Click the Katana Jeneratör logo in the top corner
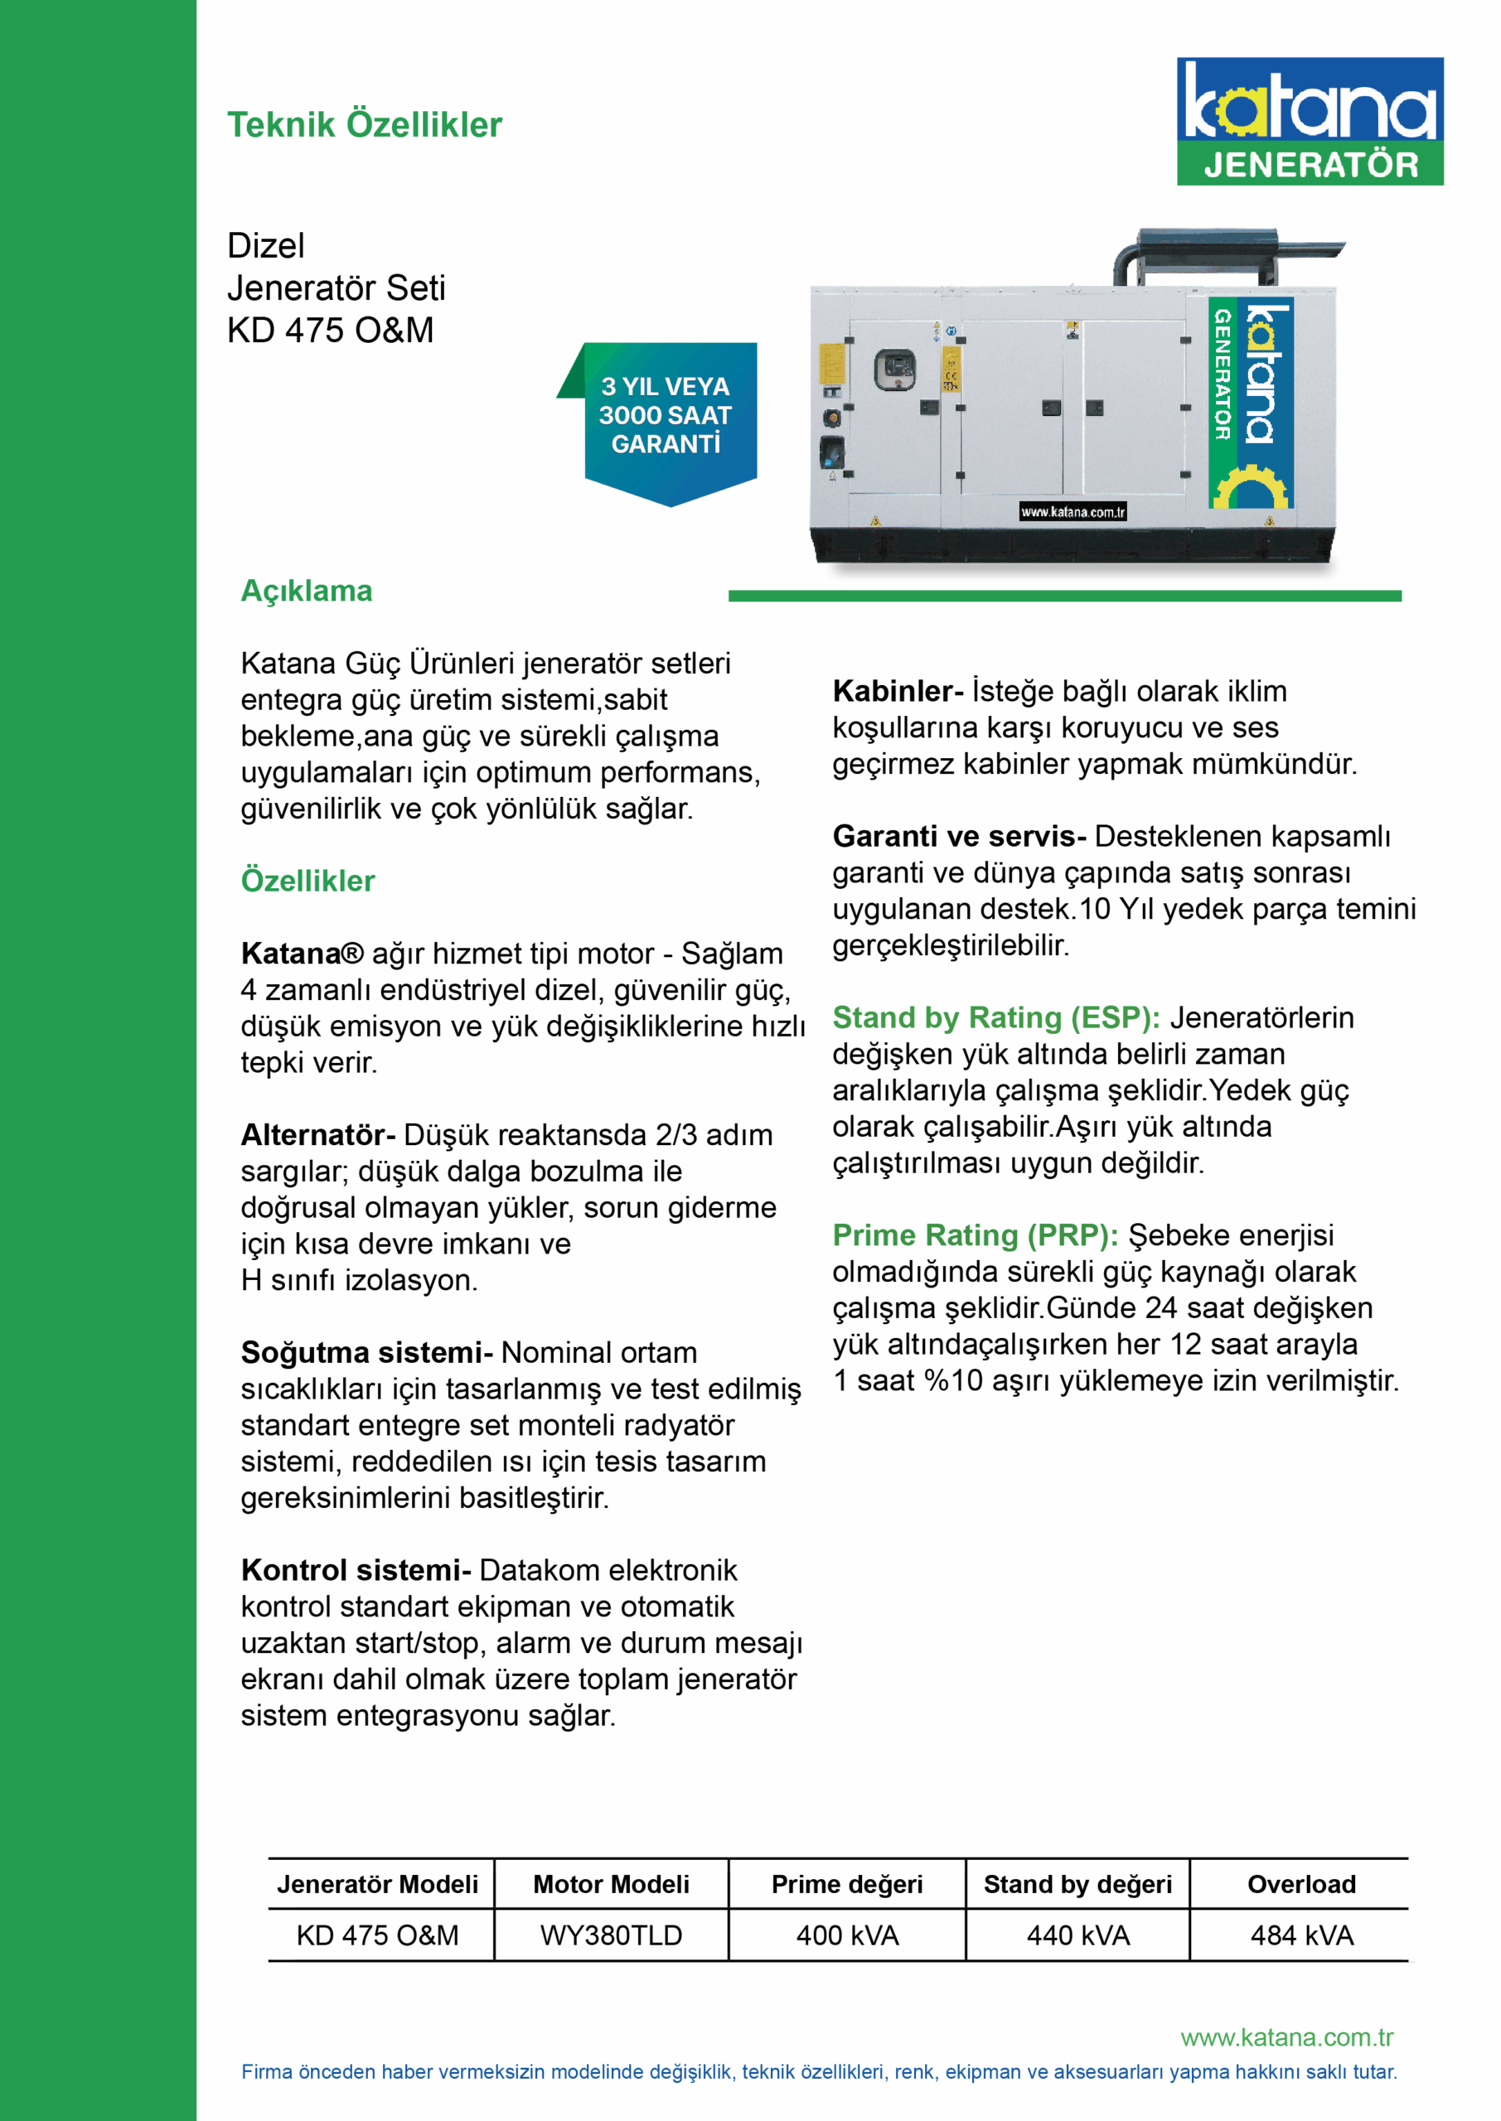[1309, 121]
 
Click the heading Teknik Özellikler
[364, 125]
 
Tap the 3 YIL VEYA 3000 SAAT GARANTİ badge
[666, 416]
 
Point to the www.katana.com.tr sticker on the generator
[1072, 512]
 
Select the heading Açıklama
[306, 592]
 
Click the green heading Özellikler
[307, 882]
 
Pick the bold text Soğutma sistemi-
[366, 1352]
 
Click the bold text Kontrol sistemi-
[356, 1570]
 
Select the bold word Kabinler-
[898, 691]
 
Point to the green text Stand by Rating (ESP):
[995, 1018]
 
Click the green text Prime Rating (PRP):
[975, 1236]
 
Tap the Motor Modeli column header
[611, 1885]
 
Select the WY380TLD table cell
[611, 1935]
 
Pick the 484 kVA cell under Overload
[1301, 1935]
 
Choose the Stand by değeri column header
[1077, 1885]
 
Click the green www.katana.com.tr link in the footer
[1286, 2038]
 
